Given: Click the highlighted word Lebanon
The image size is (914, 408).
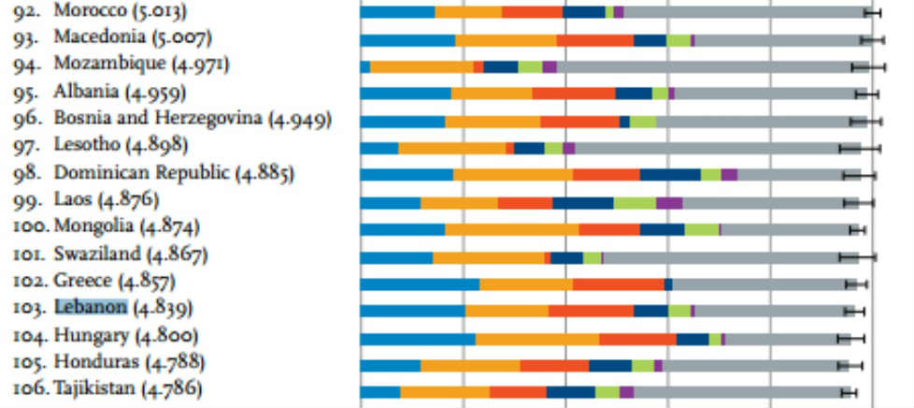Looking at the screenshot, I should coord(91,307).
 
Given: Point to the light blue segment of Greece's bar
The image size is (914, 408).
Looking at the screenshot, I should coord(420,284).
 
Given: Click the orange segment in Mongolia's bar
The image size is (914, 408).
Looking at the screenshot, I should coord(511,230).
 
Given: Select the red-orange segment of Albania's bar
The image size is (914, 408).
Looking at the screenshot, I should coord(573,94).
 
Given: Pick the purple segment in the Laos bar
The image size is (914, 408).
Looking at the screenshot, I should coord(669,203).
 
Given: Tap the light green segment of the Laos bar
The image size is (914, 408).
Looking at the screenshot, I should coord(635,203).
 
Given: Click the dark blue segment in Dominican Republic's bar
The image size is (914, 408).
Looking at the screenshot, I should coord(670,175).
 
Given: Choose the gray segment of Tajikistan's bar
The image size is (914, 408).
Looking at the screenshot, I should coord(738,392).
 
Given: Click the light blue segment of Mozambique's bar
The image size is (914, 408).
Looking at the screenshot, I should coord(365,66).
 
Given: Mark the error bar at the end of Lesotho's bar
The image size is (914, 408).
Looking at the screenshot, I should coord(860,148).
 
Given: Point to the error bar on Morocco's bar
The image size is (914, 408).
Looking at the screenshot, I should coord(873,12).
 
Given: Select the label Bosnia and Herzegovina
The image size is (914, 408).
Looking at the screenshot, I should coord(159,120).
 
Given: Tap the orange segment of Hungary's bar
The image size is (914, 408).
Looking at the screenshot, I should coord(537,339).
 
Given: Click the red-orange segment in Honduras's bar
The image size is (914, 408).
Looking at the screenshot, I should coord(554,365).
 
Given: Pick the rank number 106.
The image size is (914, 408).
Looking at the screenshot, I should coord(31,388).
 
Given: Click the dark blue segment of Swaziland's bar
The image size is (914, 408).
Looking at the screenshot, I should coord(566,257).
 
